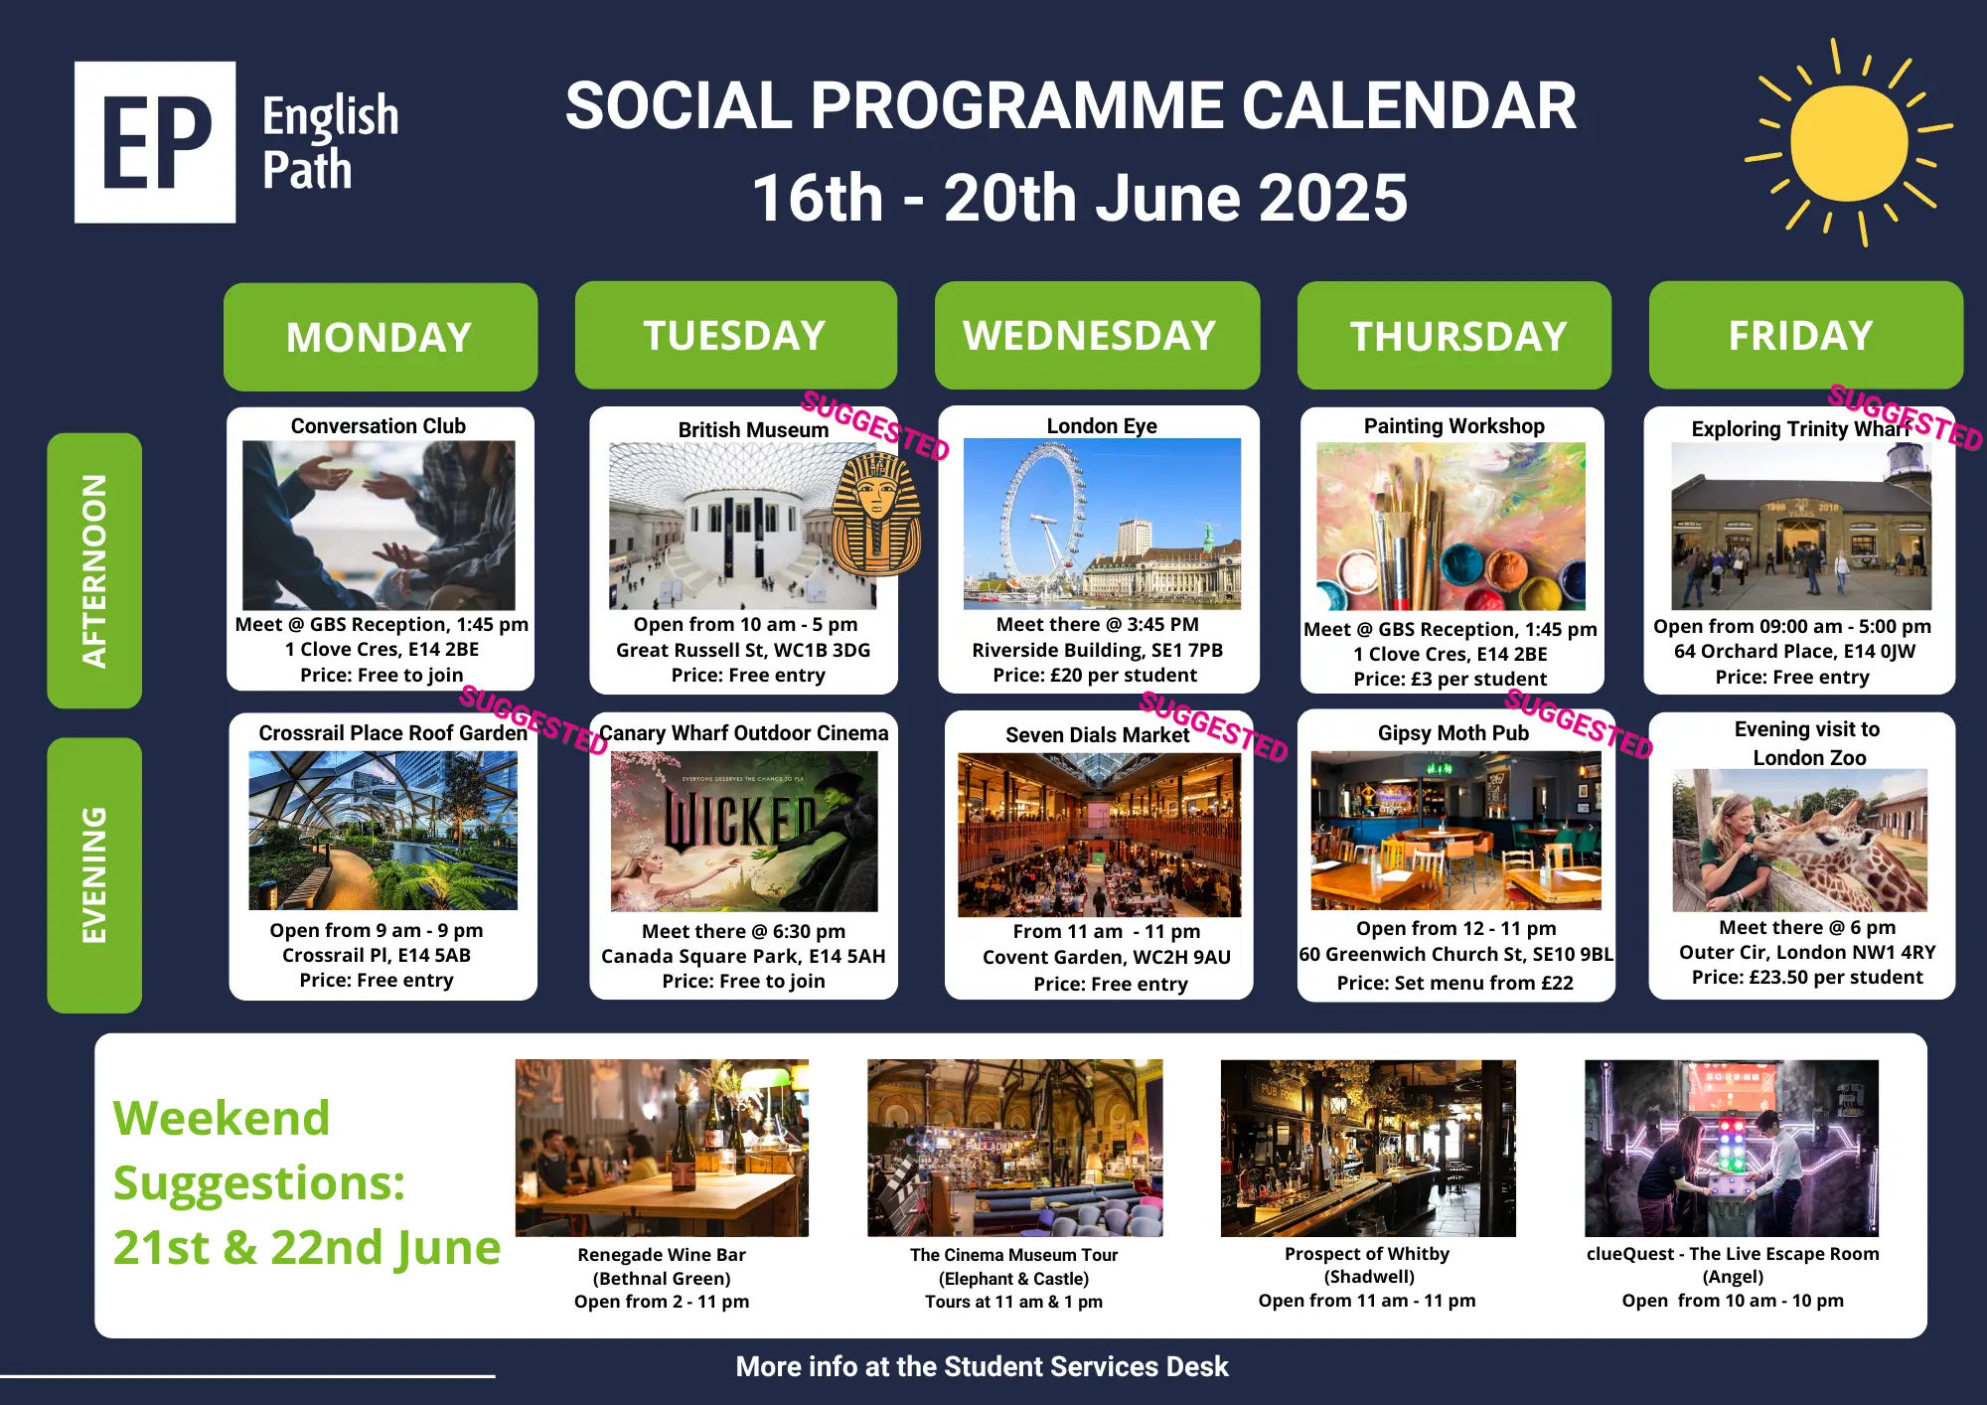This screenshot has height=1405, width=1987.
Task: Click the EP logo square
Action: tap(155, 142)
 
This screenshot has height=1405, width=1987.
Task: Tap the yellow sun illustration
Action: tap(1849, 143)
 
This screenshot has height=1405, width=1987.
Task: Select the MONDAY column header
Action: tap(381, 337)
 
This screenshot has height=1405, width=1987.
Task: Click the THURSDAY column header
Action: tap(1454, 336)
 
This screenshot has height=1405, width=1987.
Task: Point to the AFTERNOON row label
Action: tap(94, 570)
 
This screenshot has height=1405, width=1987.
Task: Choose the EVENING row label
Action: tap(94, 875)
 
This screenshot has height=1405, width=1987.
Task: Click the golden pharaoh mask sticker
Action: tap(876, 514)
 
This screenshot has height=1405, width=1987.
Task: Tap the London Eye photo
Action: tap(1102, 524)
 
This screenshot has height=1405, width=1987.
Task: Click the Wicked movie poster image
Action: tap(744, 832)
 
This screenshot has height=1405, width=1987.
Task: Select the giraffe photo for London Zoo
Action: tap(1800, 841)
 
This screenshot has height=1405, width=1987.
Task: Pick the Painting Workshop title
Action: tap(1454, 426)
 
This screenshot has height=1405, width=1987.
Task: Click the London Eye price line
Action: tap(1095, 676)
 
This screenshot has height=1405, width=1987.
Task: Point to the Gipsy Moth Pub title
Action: tap(1453, 733)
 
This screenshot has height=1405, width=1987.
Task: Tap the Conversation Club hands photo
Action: tap(379, 526)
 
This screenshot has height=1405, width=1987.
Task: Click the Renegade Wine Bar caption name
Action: tap(662, 1255)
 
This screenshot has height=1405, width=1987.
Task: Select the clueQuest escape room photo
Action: tap(1732, 1149)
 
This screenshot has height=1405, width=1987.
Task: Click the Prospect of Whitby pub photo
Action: tap(1368, 1149)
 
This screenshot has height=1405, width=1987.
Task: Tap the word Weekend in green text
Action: tap(222, 1118)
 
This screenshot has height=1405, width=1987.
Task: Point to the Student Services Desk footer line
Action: tap(982, 1367)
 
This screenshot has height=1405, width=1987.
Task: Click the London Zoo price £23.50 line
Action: tap(1807, 978)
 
